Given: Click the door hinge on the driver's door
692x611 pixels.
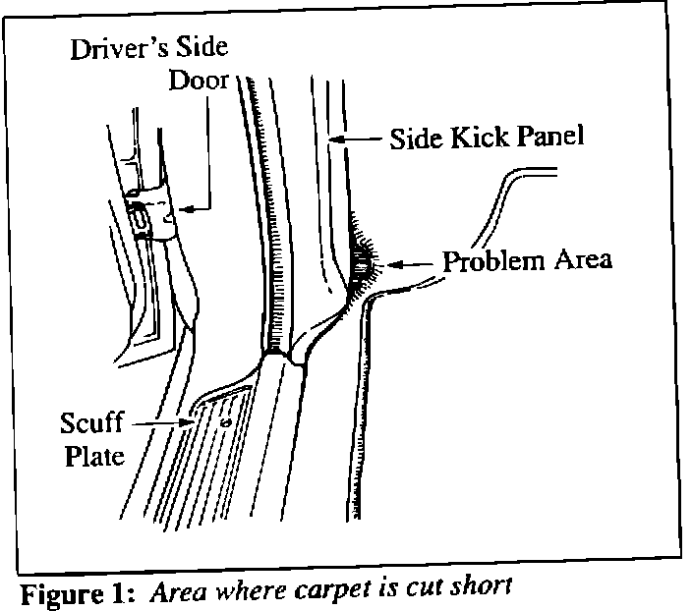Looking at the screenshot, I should pos(149,217).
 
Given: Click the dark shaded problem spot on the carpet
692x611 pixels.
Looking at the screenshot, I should pos(361,261).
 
